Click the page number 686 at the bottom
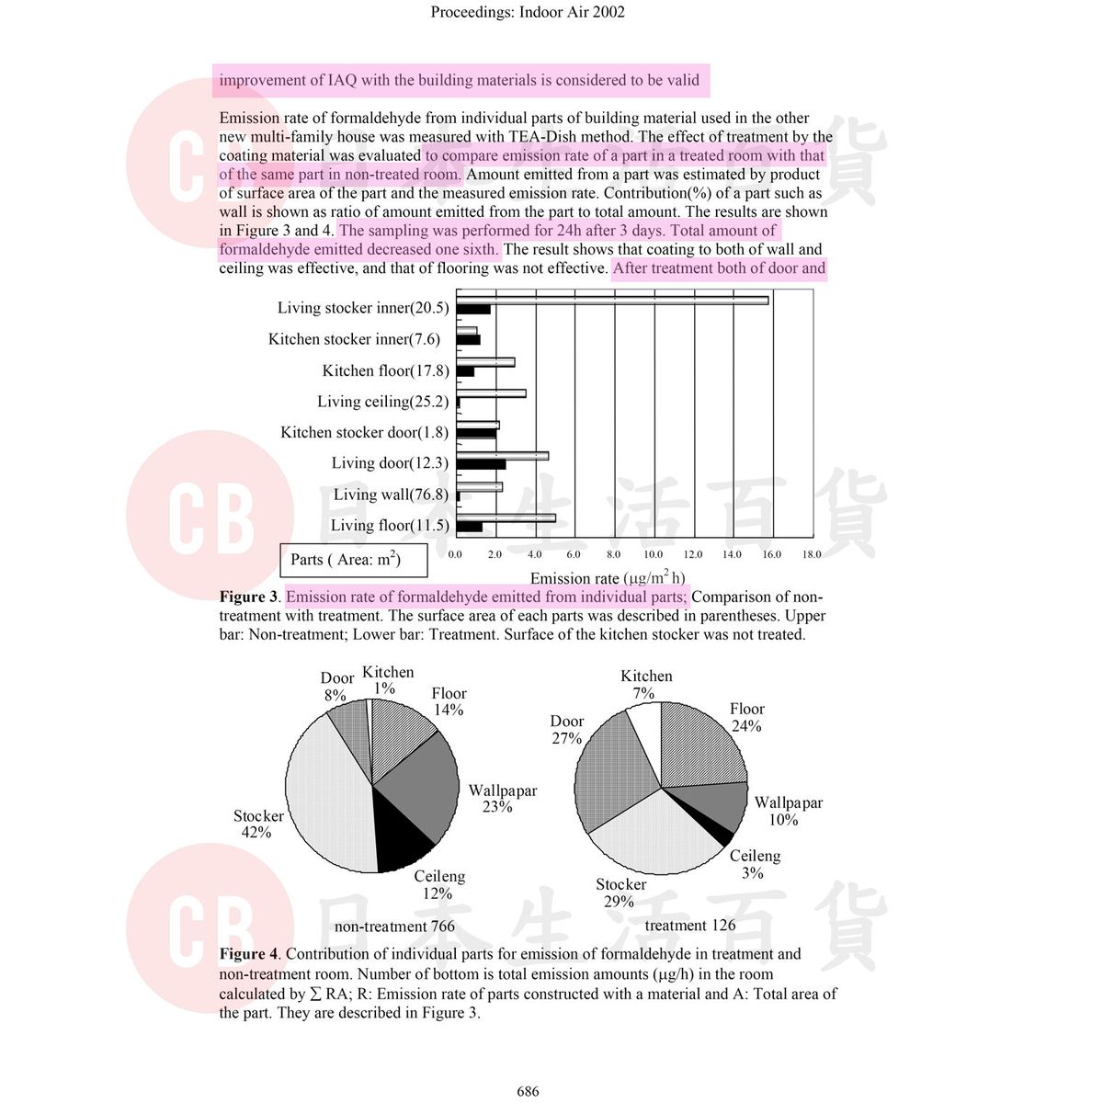pyautogui.click(x=528, y=1091)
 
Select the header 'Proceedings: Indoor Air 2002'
pyautogui.click(x=528, y=12)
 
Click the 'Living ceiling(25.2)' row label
pyautogui.click(x=382, y=402)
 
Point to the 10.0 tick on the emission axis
pyautogui.click(x=653, y=554)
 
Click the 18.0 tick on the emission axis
pyautogui.click(x=812, y=554)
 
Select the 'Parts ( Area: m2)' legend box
pyautogui.click(x=353, y=560)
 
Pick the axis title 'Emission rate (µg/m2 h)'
pyautogui.click(x=607, y=578)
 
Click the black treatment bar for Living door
pyautogui.click(x=481, y=464)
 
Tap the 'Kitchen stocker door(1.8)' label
pyautogui.click(x=364, y=432)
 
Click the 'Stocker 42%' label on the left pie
pyautogui.click(x=258, y=824)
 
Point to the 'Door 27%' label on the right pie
pyautogui.click(x=567, y=730)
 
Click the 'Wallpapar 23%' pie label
pyautogui.click(x=502, y=799)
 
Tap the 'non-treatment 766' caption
pyautogui.click(x=394, y=927)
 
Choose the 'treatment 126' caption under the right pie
pyautogui.click(x=690, y=926)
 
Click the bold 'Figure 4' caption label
pyautogui.click(x=248, y=954)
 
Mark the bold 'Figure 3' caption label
pyautogui.click(x=248, y=597)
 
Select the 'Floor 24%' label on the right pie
pyautogui.click(x=746, y=717)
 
